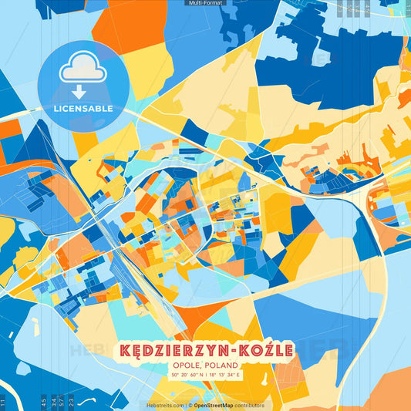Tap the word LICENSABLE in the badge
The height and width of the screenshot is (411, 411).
click(83, 109)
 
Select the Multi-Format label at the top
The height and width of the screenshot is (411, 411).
click(205, 3)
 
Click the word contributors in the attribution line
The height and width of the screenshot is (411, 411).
click(250, 405)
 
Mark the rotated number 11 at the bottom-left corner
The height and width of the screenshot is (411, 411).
click(3, 402)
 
